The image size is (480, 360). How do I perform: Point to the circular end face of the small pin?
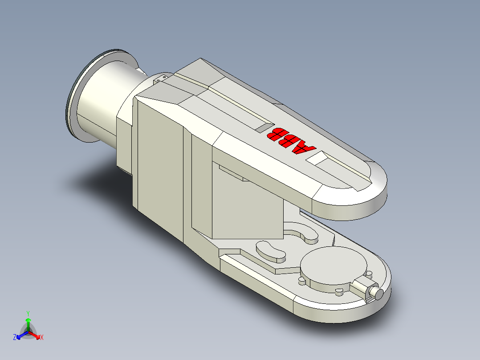click(378, 294)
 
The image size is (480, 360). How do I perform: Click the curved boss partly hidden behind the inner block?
click(303, 233)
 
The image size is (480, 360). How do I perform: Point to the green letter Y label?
click(28, 313)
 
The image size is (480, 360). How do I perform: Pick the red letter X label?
click(42, 338)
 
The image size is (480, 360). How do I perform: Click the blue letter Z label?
click(15, 338)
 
